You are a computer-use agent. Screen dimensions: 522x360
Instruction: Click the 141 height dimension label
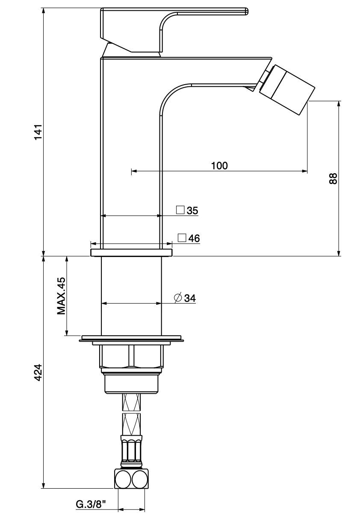(38, 132)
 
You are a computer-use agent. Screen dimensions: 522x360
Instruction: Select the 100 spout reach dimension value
(219, 165)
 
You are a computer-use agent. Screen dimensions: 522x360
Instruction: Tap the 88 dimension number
(333, 178)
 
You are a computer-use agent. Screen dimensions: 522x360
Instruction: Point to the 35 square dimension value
(192, 210)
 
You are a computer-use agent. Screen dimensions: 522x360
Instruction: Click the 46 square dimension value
(194, 239)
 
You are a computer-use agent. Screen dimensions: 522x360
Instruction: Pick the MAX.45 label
(62, 296)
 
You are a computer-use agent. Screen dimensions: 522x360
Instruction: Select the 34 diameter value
(190, 298)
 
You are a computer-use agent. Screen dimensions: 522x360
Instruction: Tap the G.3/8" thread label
(91, 505)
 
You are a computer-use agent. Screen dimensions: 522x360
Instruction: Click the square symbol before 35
(180, 210)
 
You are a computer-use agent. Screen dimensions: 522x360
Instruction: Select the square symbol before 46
(182, 238)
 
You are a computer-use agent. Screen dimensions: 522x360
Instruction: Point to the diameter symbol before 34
(178, 298)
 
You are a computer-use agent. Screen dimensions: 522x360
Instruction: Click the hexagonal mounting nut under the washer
(131, 356)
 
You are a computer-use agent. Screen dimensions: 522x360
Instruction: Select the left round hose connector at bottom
(123, 479)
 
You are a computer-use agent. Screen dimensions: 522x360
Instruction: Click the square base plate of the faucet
(131, 252)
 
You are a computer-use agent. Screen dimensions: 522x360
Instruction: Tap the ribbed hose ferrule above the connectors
(131, 451)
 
